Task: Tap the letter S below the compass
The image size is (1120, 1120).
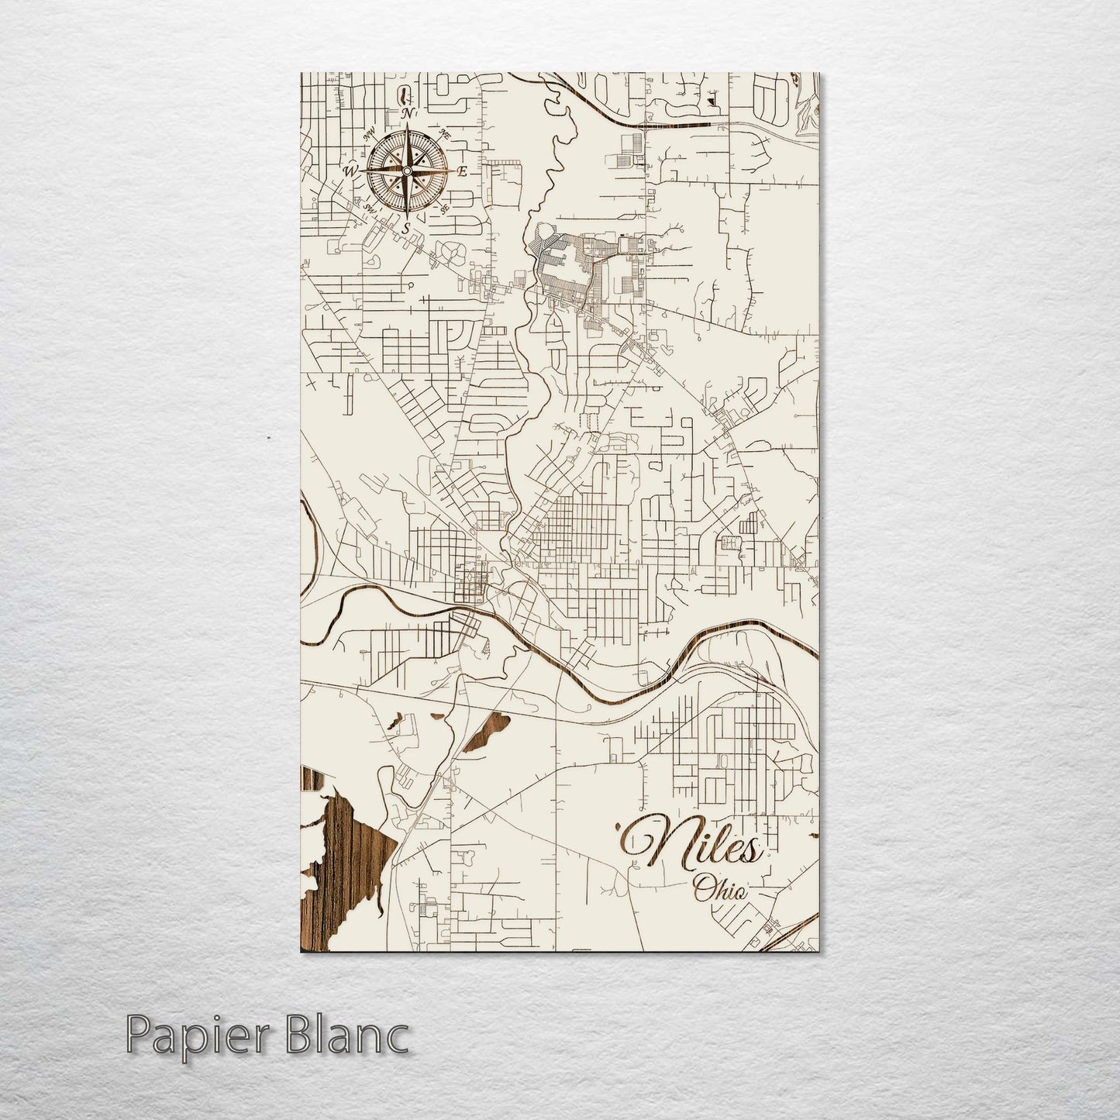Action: point(405,228)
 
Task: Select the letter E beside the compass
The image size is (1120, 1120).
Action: point(463,172)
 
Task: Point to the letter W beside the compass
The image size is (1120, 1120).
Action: point(350,171)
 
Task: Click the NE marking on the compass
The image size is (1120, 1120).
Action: point(445,134)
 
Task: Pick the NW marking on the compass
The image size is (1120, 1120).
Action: point(369,133)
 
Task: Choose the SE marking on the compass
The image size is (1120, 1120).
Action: point(444,208)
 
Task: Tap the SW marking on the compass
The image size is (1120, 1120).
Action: point(370,208)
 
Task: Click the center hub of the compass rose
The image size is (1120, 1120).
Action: point(406,171)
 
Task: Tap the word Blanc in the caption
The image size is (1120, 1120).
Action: point(353,1035)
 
